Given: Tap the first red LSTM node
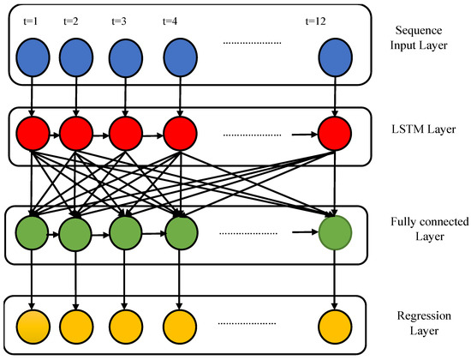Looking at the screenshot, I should [x=33, y=134].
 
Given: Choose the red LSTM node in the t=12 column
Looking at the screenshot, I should [x=334, y=134].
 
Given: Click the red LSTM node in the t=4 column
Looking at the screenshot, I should [x=180, y=134].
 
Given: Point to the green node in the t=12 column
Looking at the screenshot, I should [x=334, y=231].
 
